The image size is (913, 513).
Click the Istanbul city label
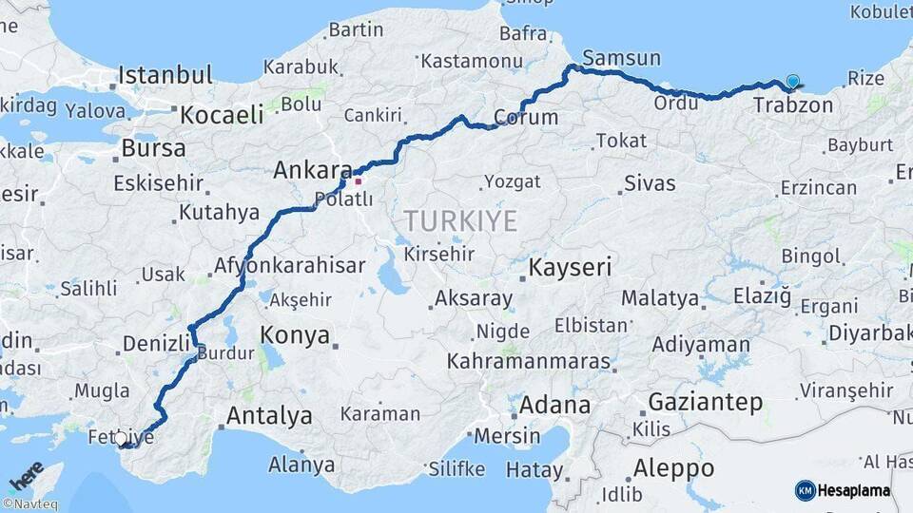pos(165,75)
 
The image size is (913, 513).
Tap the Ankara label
pos(312,171)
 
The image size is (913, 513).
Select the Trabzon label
pos(792,104)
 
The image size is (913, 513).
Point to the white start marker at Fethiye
pos(121,439)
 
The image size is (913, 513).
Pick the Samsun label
pos(621,59)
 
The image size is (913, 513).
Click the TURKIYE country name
pos(460,221)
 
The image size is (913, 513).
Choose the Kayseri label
pos(570,267)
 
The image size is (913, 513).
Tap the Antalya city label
pos(269,415)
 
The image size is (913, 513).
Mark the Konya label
pos(295,335)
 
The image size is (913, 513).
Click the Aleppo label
pos(673,468)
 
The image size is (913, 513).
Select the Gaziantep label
pos(705,402)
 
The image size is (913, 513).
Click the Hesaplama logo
pos(843,490)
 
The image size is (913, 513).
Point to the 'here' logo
pos(27,474)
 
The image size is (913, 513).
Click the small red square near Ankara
pos(358,180)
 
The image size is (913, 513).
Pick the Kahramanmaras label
pos(528,362)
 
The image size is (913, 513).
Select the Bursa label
pos(153,149)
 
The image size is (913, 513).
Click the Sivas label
pos(650,182)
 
